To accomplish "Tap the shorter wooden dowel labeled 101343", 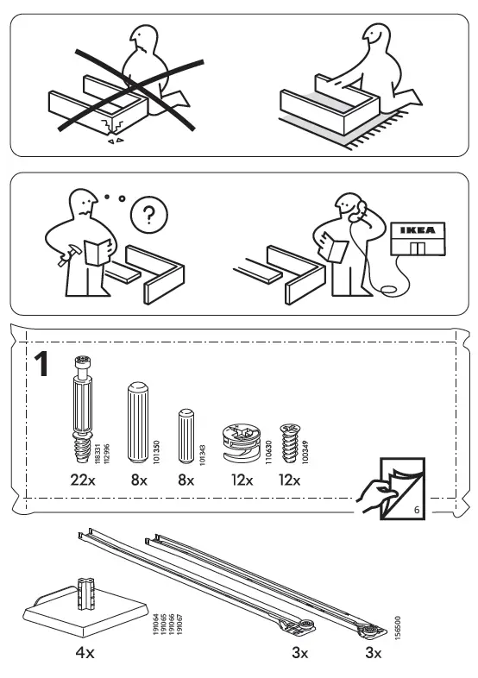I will click(x=186, y=436).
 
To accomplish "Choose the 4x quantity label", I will click(x=84, y=653).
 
